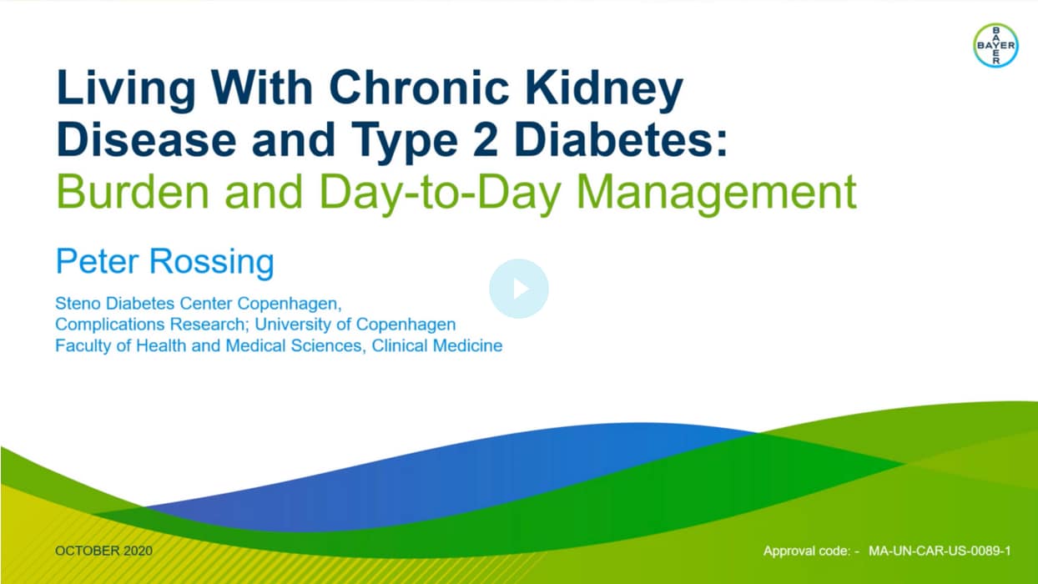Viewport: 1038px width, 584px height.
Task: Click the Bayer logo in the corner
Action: pyautogui.click(x=995, y=45)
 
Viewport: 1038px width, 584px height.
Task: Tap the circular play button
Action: pyautogui.click(x=518, y=289)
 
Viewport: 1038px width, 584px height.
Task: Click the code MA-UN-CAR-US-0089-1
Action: pyautogui.click(x=940, y=551)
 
